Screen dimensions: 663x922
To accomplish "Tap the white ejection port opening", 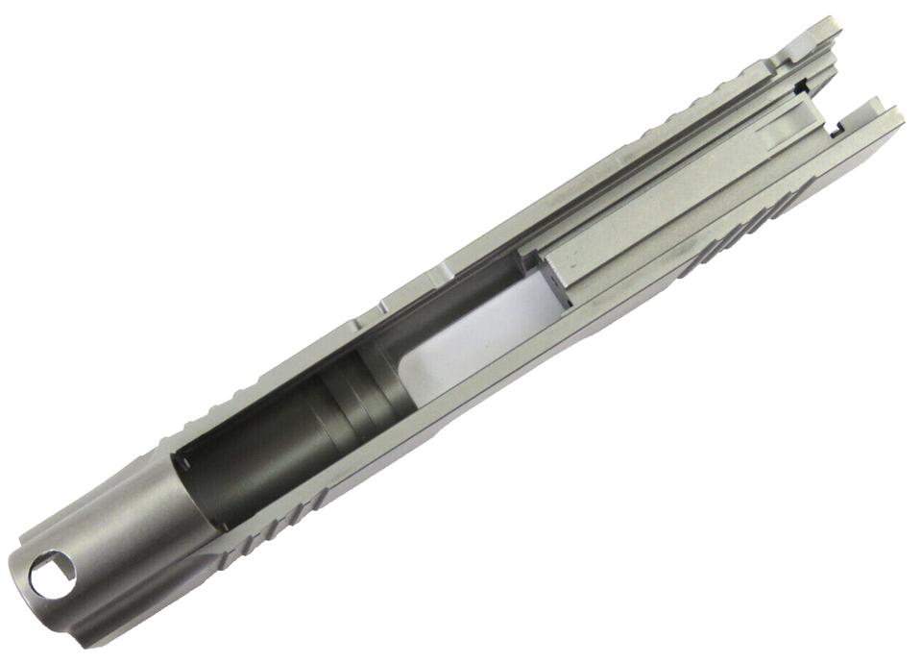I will [471, 336].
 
